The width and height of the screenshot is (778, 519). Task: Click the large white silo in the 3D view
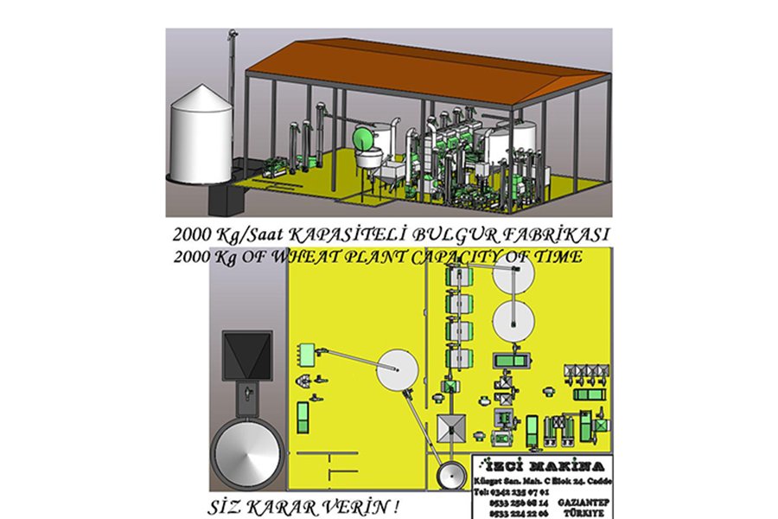[x=201, y=137]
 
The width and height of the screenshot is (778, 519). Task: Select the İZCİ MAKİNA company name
[x=543, y=464]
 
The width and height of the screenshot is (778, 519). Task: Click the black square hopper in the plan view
[x=243, y=355]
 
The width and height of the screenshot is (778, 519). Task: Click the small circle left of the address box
[x=450, y=477]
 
